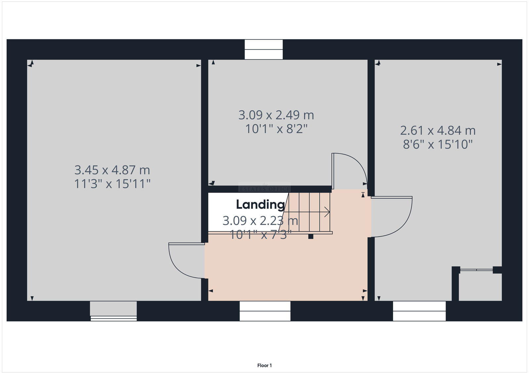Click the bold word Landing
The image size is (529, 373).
point(260,205)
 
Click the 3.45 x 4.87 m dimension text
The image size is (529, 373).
point(112,170)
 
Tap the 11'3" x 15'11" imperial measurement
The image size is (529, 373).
point(112,184)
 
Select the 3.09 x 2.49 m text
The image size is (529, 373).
point(276,115)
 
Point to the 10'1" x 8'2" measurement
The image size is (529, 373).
point(276,129)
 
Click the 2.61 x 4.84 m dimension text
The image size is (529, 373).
point(438,130)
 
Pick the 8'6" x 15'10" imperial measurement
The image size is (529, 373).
point(438,145)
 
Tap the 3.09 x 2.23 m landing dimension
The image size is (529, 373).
point(260,221)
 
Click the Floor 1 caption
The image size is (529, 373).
point(264,365)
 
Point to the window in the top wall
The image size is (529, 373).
point(264,50)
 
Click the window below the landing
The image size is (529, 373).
point(265,311)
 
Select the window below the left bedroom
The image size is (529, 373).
point(113,311)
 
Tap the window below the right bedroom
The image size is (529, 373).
point(419,311)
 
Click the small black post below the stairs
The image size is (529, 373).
point(310,236)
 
